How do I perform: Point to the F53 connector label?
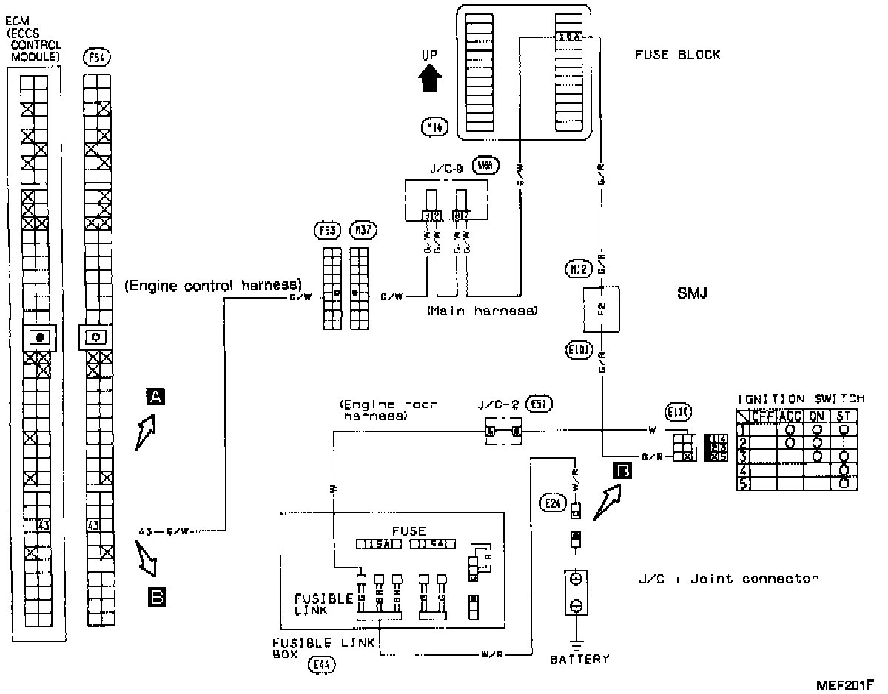click(x=326, y=231)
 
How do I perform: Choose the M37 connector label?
click(x=362, y=231)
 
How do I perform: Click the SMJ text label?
click(x=693, y=294)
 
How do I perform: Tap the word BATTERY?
click(x=579, y=658)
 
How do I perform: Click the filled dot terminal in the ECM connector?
click(x=40, y=337)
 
